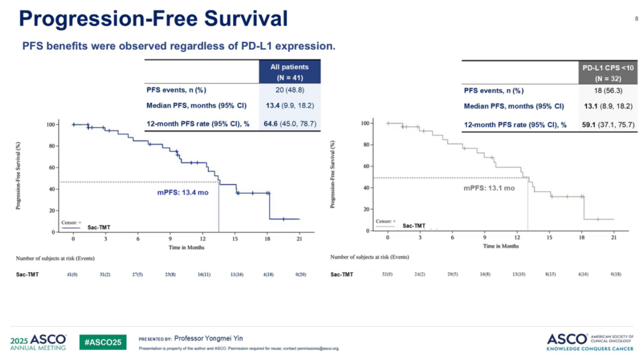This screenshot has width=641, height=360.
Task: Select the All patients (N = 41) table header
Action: [x=290, y=72]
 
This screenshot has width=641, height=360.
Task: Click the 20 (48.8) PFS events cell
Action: [x=289, y=91]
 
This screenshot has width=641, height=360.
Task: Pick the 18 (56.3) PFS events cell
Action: [x=604, y=91]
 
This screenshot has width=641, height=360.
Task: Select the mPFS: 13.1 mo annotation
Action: [x=488, y=188]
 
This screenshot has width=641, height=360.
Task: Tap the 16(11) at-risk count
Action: [x=202, y=275]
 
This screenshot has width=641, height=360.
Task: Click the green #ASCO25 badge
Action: [x=103, y=342]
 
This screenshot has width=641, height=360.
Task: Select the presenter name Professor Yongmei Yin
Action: [x=208, y=339]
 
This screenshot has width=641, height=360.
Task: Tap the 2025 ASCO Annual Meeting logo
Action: [x=39, y=342]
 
